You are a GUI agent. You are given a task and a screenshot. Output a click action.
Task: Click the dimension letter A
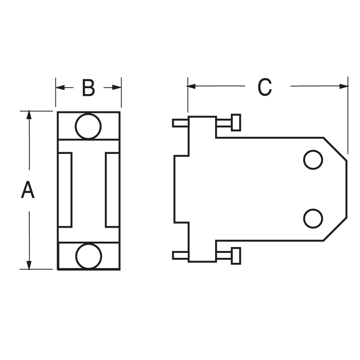[28, 190]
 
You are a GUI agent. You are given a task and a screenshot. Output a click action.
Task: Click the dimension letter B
[88, 88]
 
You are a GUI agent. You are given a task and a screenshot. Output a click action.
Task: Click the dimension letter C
[265, 87]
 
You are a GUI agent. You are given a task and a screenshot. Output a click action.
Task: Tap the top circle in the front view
[88, 126]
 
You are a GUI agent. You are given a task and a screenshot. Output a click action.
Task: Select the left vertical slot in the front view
[65, 190]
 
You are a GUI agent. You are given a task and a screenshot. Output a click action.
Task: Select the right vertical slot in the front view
[112, 190]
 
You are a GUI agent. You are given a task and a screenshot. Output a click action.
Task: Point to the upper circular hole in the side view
[313, 160]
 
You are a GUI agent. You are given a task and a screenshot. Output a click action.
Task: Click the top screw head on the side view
[236, 122]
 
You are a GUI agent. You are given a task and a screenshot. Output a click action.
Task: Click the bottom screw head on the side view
[236, 256]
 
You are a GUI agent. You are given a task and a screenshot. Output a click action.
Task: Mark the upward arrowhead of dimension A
[29, 115]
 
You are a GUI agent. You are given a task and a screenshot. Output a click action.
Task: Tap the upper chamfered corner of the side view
[335, 148]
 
